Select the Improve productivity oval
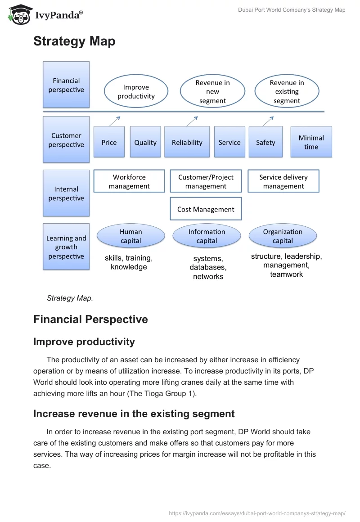(x=136, y=92)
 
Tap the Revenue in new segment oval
(x=212, y=92)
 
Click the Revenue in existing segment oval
(x=287, y=92)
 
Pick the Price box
(x=109, y=142)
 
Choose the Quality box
(x=145, y=142)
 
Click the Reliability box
(x=187, y=142)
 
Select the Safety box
(x=265, y=142)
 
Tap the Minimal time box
(x=311, y=142)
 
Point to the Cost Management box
(x=206, y=209)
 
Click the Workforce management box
(x=129, y=181)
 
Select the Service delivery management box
(x=283, y=181)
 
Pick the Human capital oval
(x=131, y=236)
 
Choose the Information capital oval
(x=207, y=236)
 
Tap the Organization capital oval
(x=283, y=236)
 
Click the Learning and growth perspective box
(x=66, y=247)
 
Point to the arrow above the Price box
(x=115, y=121)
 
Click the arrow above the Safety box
(x=268, y=121)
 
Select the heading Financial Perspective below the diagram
(x=90, y=319)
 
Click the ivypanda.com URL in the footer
(x=257, y=513)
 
